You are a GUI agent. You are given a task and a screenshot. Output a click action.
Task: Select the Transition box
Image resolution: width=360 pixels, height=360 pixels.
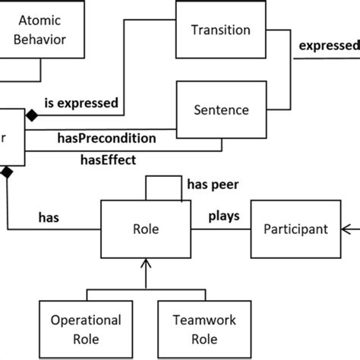pos(220,31)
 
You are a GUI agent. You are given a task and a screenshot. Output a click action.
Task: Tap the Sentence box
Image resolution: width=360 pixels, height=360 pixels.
pos(220,111)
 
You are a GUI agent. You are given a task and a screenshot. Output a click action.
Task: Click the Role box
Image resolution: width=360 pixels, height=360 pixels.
pos(144,228)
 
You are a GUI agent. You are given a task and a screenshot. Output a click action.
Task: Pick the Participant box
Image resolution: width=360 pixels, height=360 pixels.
pos(295,228)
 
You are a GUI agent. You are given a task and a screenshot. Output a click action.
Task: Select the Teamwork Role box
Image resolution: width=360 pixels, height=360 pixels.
pos(194,327)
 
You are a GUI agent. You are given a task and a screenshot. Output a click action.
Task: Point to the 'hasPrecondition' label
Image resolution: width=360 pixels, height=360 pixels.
pos(107,138)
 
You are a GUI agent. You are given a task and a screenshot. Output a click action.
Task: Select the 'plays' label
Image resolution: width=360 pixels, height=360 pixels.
pos(224,216)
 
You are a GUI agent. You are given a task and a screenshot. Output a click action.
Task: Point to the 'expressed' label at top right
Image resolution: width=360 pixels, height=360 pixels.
pos(328,46)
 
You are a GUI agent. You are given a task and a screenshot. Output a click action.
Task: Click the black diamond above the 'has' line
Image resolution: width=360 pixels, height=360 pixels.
pos(7,172)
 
